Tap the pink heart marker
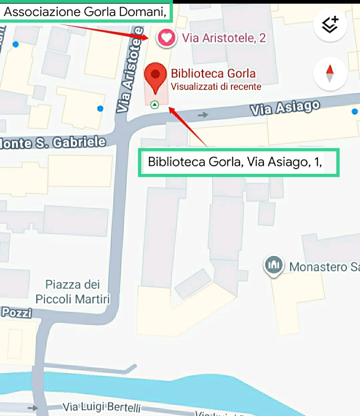(x=166, y=38)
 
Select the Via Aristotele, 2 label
(x=224, y=38)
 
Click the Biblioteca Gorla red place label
(x=213, y=74)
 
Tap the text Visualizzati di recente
(x=216, y=87)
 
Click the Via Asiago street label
(x=285, y=108)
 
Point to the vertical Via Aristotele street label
(x=130, y=70)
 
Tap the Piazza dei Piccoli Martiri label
(x=72, y=292)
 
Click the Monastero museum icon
(x=274, y=265)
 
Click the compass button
(x=330, y=74)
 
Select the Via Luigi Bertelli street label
(x=102, y=407)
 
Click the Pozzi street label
(x=17, y=312)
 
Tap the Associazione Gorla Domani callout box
(x=85, y=12)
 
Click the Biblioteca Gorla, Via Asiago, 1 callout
(x=238, y=162)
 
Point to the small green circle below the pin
(x=155, y=105)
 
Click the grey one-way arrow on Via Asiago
(x=203, y=115)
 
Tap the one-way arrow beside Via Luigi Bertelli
(x=33, y=408)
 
